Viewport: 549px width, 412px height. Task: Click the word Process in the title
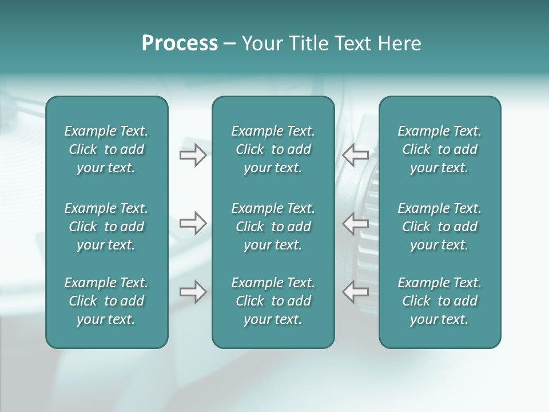pos(180,43)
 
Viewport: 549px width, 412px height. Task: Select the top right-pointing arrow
pos(193,155)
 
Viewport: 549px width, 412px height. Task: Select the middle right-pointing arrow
pos(193,223)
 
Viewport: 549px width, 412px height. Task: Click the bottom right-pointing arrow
pos(193,292)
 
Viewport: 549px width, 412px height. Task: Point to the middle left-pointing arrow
pos(356,223)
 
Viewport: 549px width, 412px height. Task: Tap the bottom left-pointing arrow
pos(356,292)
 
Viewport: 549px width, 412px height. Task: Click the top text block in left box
pos(106,149)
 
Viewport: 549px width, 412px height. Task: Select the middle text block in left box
pos(106,227)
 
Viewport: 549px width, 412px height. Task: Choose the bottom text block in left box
pos(106,301)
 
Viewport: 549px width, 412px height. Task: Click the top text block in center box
pos(273,149)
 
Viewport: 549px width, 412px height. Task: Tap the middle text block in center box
pos(273,227)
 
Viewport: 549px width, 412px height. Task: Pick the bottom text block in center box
pos(273,301)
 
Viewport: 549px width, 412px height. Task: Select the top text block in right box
pos(439,149)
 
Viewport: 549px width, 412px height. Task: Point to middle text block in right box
pos(439,227)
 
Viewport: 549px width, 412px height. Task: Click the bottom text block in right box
pos(439,301)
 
